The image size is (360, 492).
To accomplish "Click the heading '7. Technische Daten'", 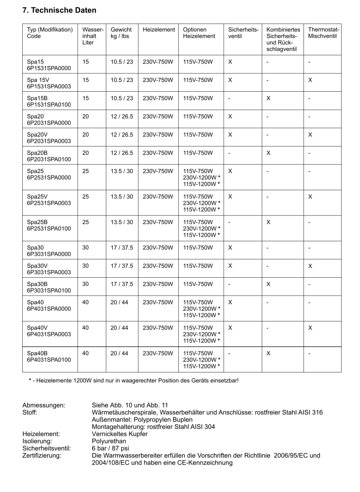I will pos(59,10).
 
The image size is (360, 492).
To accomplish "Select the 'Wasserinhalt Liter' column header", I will pos(93,36).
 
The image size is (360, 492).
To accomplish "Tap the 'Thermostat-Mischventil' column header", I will pos(323,33).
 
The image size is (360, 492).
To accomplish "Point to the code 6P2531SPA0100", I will pos(49,229).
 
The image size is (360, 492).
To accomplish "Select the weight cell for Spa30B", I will pos(122,284).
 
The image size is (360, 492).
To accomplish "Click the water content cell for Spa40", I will pos(85,303).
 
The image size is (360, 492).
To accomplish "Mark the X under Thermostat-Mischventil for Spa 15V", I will pos(310,80).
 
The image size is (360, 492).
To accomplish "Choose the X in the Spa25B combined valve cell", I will pos(268,222).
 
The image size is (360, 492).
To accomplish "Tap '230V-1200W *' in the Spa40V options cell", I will pos(201,334).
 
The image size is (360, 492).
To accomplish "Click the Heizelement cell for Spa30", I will pos(158,248).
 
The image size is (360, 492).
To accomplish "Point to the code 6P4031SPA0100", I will pos(49,360).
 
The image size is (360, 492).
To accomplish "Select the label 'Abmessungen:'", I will pos(44,405).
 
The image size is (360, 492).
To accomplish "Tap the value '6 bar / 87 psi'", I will pos(111,448).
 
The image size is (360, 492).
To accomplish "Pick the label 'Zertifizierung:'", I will pos(42,456).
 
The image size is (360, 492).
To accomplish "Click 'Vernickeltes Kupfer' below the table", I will pos(120,434).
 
